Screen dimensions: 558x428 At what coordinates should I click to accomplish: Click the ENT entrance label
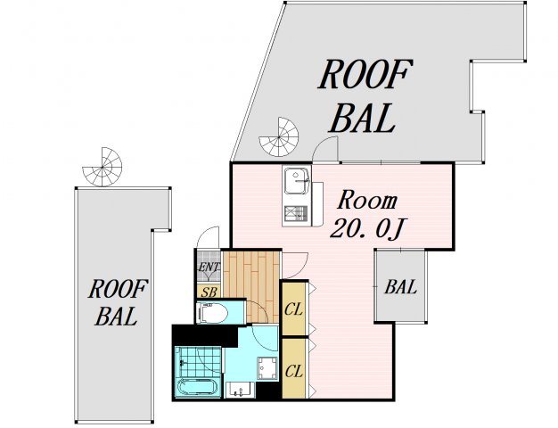coord(209,267)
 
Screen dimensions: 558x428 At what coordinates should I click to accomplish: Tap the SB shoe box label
coord(209,292)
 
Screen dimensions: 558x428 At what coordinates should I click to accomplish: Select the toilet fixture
coord(213,313)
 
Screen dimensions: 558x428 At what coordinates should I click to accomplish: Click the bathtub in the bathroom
coord(198,387)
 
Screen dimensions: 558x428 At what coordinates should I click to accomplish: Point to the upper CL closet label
coord(293,309)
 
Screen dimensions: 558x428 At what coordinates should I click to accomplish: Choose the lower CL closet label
coord(294,372)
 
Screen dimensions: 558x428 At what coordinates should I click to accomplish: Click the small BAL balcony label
coord(400,286)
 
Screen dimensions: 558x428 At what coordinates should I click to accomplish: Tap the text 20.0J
coord(367,228)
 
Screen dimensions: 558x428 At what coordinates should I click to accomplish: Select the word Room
coord(367,201)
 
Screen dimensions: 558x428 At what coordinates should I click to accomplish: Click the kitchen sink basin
coord(296,181)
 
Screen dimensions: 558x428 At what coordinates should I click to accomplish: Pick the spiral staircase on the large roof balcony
coord(279,137)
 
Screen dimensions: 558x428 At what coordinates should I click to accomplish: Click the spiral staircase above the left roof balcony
coord(103,167)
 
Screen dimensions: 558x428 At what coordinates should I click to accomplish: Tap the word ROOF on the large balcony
coord(365,74)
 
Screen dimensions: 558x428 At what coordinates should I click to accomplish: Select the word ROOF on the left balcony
coord(118,289)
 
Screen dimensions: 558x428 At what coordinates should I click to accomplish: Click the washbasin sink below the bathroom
coord(240,390)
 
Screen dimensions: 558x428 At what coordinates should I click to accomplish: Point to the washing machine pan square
coord(267,369)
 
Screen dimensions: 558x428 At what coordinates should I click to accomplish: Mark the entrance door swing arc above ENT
coord(209,237)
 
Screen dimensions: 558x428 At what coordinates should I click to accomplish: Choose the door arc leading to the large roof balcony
coord(325,149)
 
